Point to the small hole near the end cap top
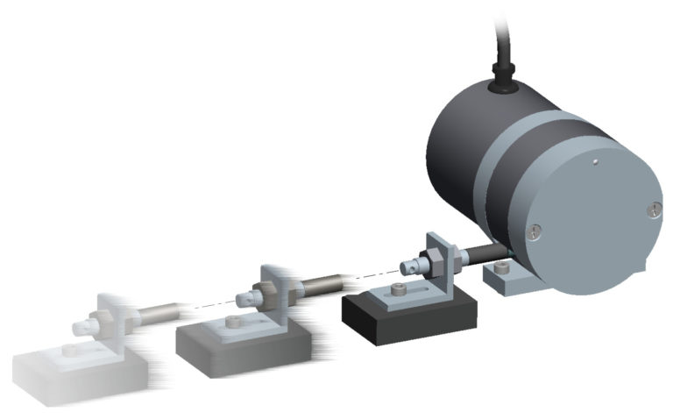pos(593,161)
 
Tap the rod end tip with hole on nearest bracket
pos(405,264)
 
